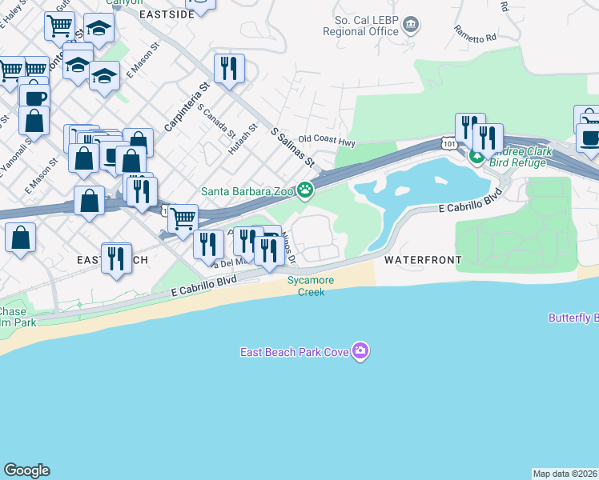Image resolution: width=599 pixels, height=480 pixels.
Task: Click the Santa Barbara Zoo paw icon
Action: point(305,190)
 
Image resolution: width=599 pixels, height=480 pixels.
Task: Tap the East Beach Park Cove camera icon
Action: point(361,351)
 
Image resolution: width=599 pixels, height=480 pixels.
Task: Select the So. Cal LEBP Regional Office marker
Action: point(411,25)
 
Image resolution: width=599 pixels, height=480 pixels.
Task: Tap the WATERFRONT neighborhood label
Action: point(422,260)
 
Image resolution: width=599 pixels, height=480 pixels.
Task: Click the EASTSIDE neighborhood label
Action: point(167,14)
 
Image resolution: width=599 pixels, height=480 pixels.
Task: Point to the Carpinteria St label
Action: point(186,108)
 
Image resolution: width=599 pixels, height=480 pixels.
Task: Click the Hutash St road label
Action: point(243,141)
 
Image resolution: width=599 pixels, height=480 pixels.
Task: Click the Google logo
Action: point(26,470)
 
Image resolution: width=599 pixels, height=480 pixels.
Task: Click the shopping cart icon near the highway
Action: point(183,218)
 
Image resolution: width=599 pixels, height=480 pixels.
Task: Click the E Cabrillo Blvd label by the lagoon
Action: point(471,202)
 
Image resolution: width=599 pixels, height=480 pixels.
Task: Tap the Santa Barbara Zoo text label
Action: point(247,190)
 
